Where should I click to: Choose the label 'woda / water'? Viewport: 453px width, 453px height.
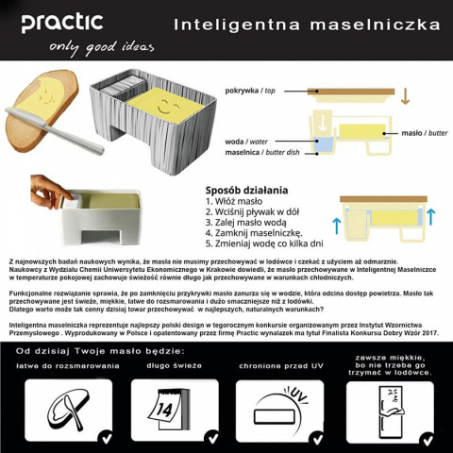pos(246,143)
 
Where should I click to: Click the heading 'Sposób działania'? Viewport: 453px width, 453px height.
pos(243,187)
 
